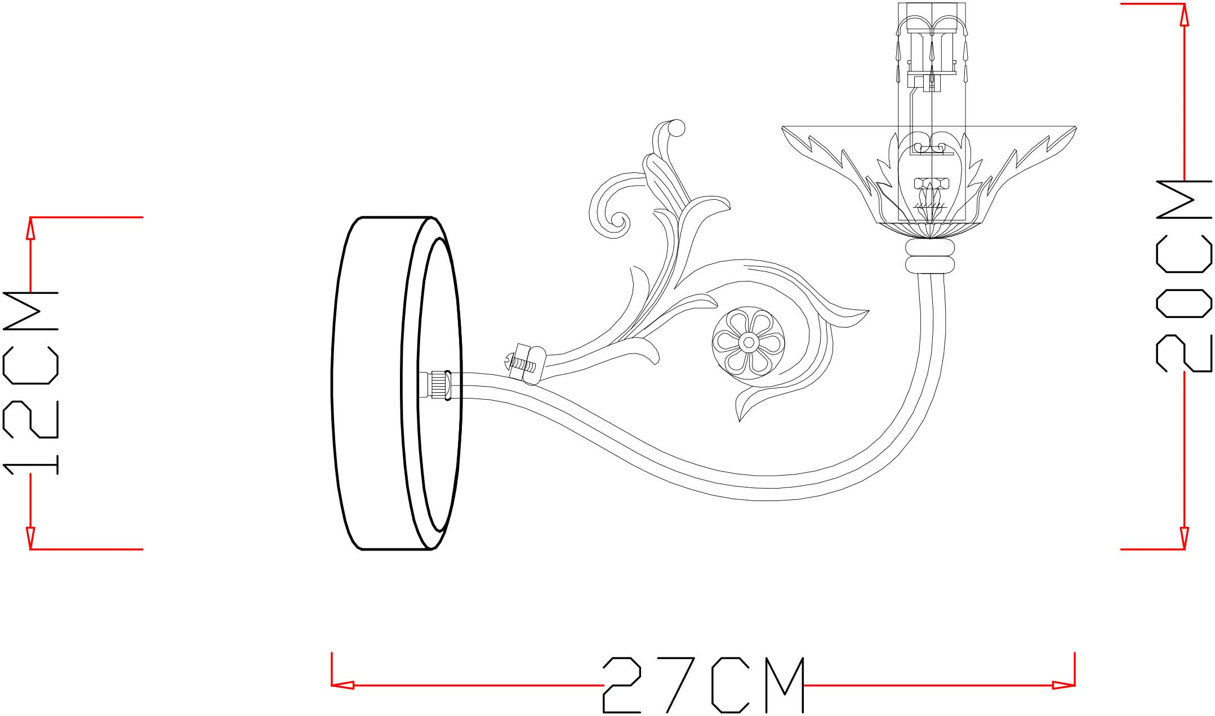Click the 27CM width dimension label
704,685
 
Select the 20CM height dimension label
1183,276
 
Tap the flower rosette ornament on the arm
749,342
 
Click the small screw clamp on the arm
522,364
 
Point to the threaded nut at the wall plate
439,385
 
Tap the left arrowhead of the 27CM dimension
342,685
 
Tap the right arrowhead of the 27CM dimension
1063,685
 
